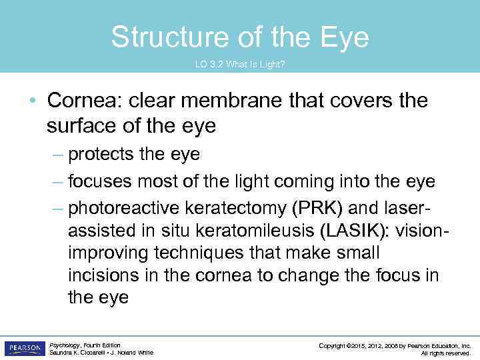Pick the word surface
coord(85,124)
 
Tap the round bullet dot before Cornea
coord(32,101)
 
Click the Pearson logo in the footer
coord(24,348)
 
